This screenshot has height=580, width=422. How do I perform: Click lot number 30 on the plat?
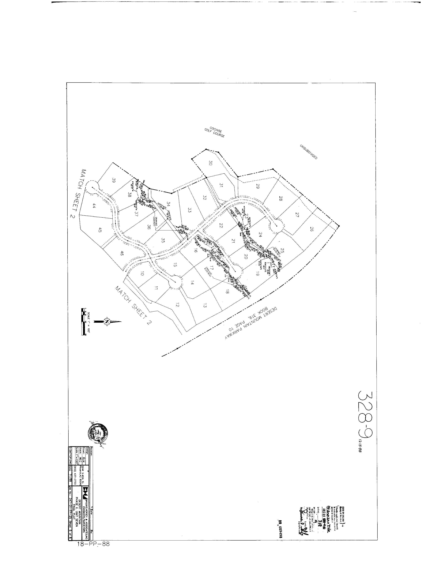[x=210, y=163]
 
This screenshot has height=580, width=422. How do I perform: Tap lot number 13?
[x=205, y=306]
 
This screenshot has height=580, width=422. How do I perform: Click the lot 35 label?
[x=163, y=240]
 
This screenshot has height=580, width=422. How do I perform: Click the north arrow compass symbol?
[x=107, y=321]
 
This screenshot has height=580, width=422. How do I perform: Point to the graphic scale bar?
[x=83, y=321]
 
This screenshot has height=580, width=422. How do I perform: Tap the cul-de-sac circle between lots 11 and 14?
[x=175, y=283]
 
